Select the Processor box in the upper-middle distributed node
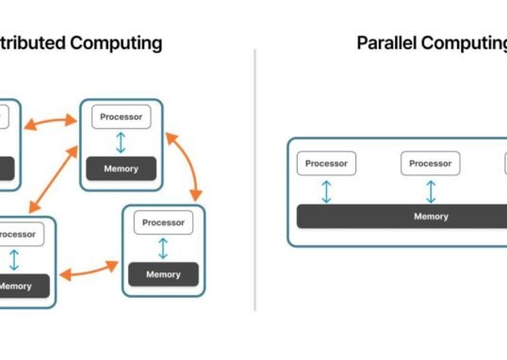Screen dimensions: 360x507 pyautogui.click(x=121, y=118)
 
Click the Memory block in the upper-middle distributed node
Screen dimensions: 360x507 pyautogui.click(x=121, y=169)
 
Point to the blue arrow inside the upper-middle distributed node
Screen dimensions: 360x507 pyautogui.click(x=121, y=143)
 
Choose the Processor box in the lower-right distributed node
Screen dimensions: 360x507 pyautogui.click(x=163, y=223)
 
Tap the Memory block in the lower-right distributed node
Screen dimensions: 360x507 pyautogui.click(x=163, y=274)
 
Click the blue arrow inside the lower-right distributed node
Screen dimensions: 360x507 pyautogui.click(x=163, y=249)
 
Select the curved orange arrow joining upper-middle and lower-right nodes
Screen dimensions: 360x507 pyautogui.click(x=186, y=166)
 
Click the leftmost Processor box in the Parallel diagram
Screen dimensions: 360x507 pyautogui.click(x=326, y=163)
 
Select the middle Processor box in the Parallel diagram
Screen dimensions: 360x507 pyautogui.click(x=431, y=163)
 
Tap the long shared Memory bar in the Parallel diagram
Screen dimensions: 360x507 pyautogui.click(x=405, y=216)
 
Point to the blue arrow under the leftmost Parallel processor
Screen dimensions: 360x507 pyautogui.click(x=326, y=191)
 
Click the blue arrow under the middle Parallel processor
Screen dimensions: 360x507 pyautogui.click(x=431, y=191)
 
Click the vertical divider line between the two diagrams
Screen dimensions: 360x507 pyautogui.click(x=254, y=179)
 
